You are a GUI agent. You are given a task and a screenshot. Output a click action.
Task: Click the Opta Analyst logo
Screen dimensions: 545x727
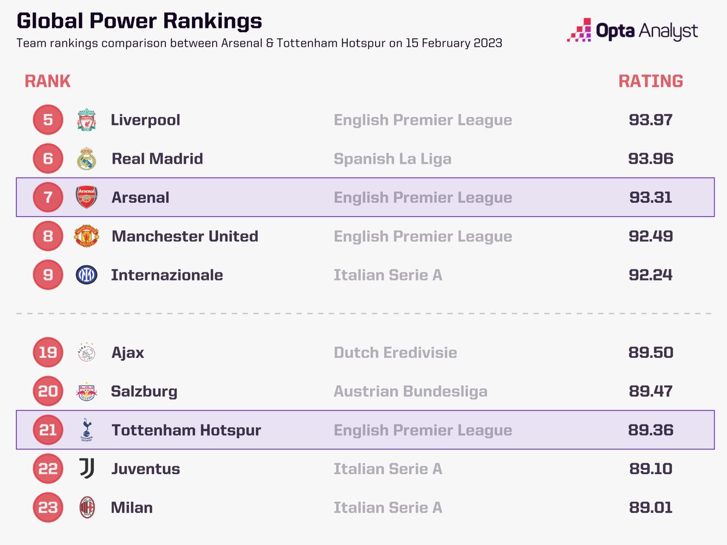(x=632, y=31)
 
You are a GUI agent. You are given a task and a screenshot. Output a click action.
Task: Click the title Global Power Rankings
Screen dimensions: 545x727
(x=139, y=21)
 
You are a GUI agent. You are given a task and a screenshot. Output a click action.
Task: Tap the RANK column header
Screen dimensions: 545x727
(x=47, y=81)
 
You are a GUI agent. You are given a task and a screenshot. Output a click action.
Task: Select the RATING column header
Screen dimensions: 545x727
(x=650, y=81)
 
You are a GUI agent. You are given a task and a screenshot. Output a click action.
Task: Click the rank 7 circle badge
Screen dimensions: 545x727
(x=48, y=197)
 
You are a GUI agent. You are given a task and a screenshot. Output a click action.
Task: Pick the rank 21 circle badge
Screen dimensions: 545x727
(x=48, y=430)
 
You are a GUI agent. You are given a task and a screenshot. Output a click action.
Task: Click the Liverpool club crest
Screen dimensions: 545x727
(x=86, y=120)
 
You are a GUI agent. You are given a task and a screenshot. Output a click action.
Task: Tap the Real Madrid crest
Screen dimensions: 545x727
(x=86, y=159)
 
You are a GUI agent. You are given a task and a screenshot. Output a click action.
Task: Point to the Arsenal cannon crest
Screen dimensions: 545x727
(x=86, y=197)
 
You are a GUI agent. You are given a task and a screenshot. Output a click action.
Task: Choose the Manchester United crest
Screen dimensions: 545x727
(x=86, y=236)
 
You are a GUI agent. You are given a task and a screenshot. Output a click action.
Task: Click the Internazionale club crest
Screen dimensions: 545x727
(x=86, y=275)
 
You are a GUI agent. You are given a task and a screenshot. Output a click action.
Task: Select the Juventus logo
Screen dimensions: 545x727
(x=86, y=469)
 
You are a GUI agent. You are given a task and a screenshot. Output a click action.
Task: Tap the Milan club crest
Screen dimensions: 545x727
(x=86, y=507)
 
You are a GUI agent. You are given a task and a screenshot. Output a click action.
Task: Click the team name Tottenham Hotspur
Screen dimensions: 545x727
(x=186, y=430)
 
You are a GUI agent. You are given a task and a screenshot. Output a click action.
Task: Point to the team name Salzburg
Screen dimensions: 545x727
(x=144, y=391)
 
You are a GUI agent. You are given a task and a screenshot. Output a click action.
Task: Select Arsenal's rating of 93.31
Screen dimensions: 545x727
(x=650, y=197)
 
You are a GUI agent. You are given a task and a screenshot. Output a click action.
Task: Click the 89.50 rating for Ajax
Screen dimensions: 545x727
(x=650, y=352)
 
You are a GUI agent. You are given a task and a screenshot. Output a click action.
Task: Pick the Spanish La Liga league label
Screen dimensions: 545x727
(x=392, y=159)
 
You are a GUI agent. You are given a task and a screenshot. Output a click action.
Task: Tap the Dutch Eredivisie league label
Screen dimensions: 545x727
(x=395, y=352)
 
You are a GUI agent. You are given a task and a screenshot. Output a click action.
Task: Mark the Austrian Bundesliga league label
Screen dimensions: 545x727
(x=410, y=391)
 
